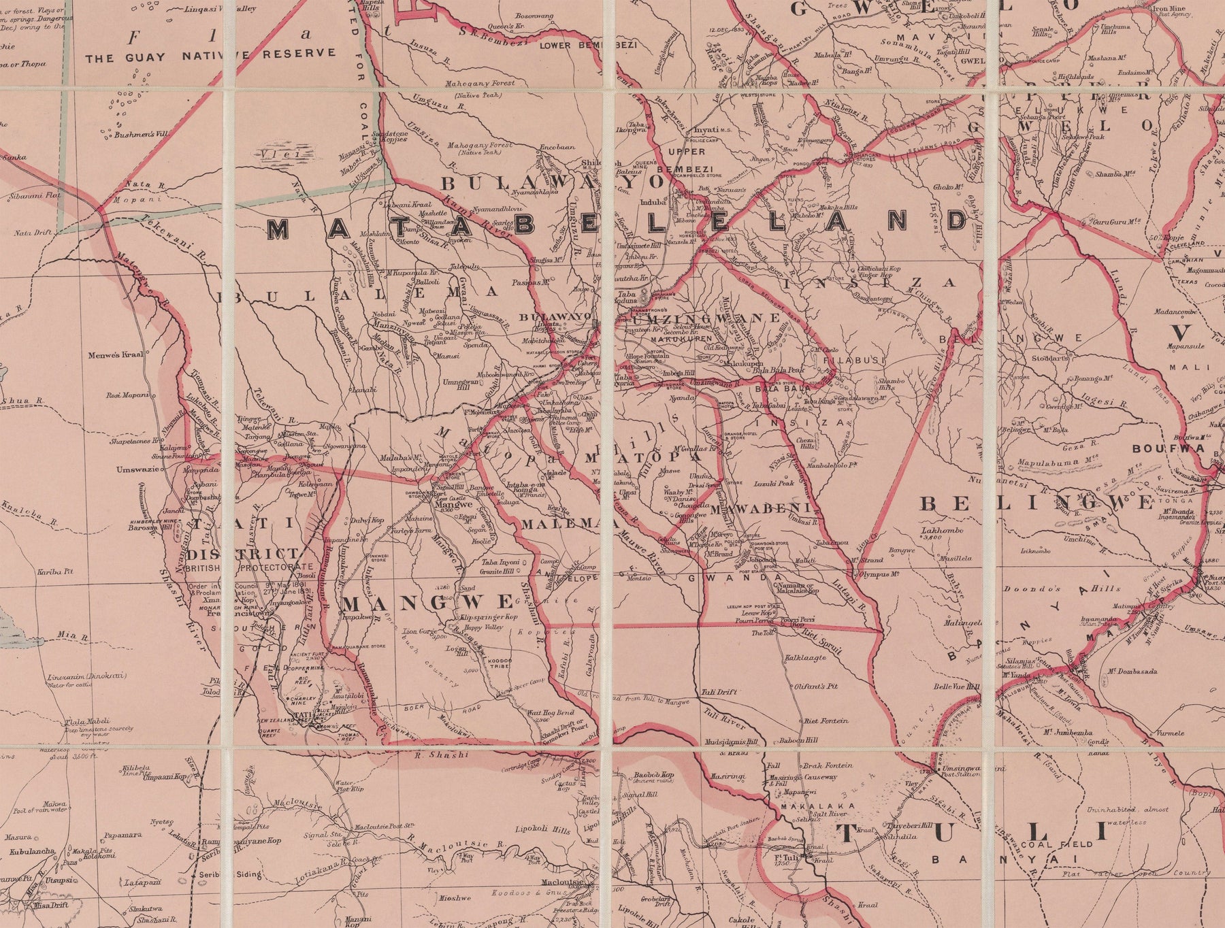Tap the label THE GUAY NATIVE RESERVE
pyautogui.click(x=210, y=54)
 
